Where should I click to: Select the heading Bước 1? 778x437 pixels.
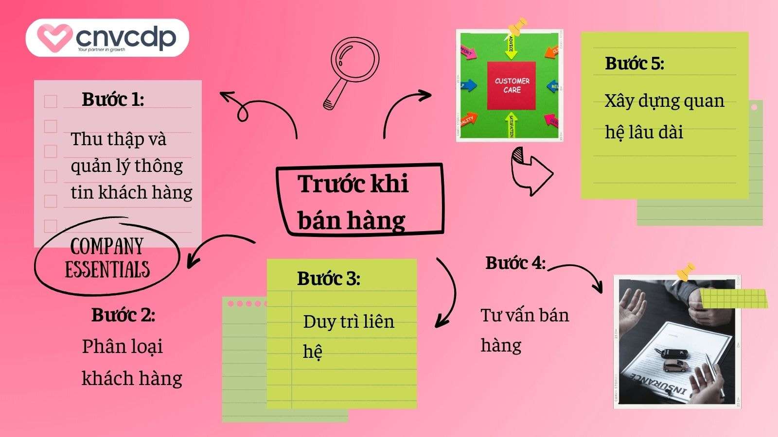point(113,100)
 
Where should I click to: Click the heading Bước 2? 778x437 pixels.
point(123,315)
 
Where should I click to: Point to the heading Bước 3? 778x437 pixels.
point(329,279)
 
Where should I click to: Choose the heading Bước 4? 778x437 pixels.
point(515,263)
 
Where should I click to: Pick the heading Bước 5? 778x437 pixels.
point(634,64)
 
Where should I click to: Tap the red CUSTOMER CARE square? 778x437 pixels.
point(512,85)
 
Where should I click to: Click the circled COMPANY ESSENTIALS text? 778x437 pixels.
point(107,257)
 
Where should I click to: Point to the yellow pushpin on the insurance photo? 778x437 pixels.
point(684,272)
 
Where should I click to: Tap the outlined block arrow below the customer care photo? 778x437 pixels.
point(531,171)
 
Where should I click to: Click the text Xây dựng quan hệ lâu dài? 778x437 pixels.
point(664,117)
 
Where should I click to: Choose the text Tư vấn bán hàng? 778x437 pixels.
point(524,330)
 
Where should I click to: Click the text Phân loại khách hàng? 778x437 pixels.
point(131,362)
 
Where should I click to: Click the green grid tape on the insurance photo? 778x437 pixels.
point(733,298)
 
